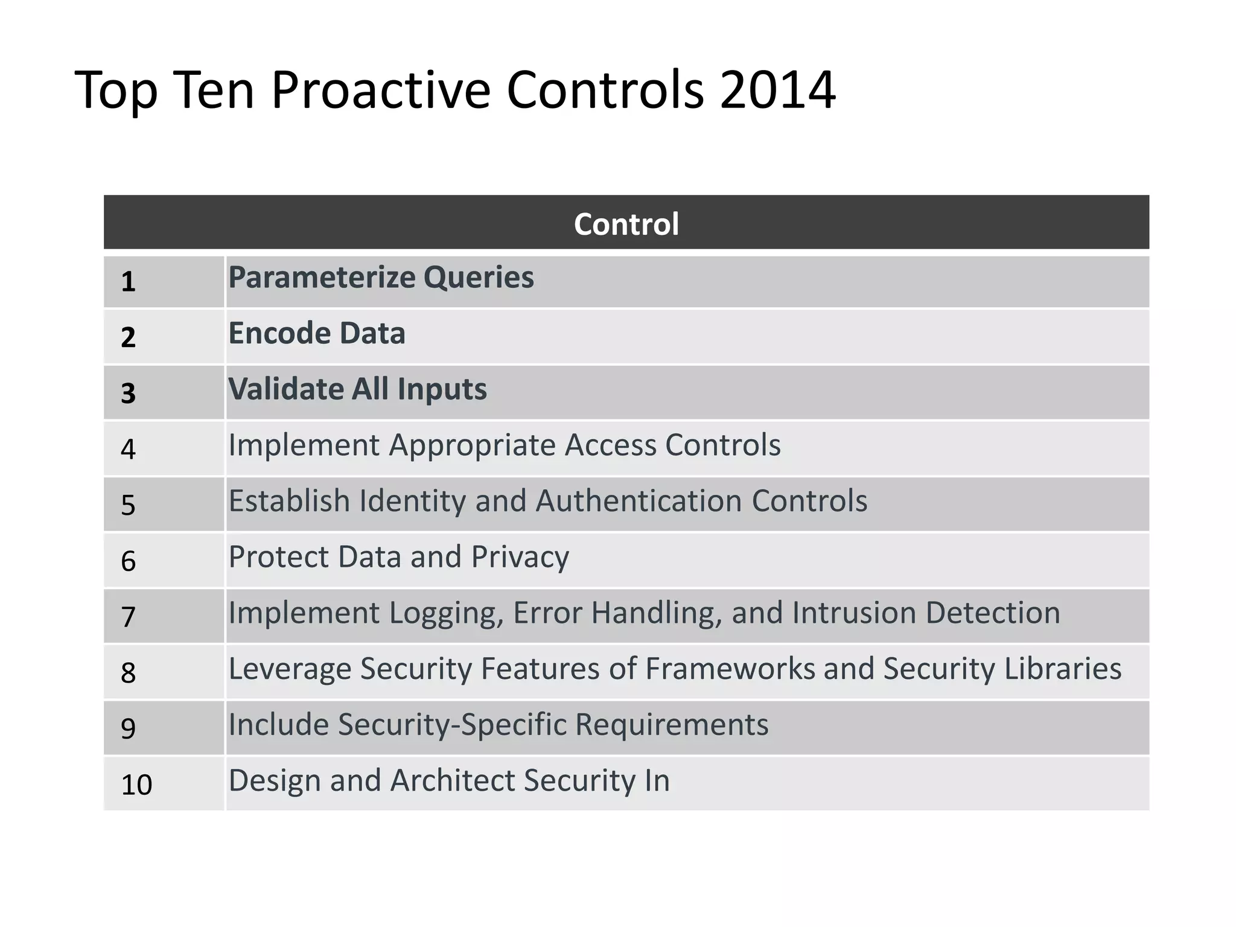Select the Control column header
(x=626, y=224)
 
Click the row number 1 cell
(x=128, y=282)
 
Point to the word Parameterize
(x=322, y=278)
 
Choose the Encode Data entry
(x=316, y=334)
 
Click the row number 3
(x=128, y=393)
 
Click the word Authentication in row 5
(x=639, y=501)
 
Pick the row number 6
(x=128, y=561)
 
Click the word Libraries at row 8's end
(x=1063, y=669)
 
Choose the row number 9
(x=128, y=728)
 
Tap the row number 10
(x=136, y=785)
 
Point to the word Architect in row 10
(x=453, y=780)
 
